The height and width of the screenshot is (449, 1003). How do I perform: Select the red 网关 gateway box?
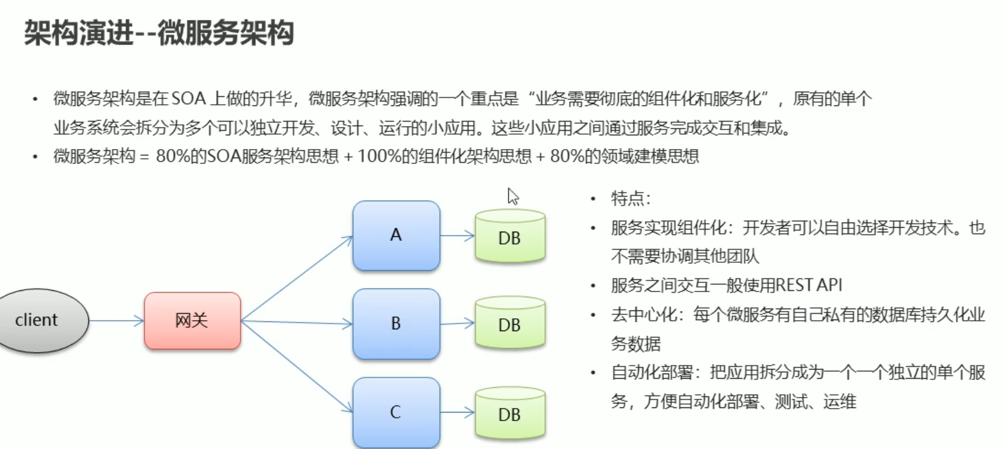click(x=192, y=321)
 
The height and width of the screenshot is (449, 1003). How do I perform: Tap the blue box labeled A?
click(x=396, y=236)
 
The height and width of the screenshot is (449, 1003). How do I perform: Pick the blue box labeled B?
click(x=396, y=323)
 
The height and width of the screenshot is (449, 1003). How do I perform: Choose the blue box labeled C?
click(x=396, y=412)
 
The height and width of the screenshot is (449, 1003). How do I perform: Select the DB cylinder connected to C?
click(x=510, y=413)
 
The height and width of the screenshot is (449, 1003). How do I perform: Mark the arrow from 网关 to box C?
click(x=297, y=366)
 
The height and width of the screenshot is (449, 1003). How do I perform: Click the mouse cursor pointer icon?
click(x=513, y=196)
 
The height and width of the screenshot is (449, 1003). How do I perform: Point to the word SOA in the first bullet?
click(x=189, y=100)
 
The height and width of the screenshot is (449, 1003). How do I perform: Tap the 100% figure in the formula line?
click(x=372, y=157)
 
